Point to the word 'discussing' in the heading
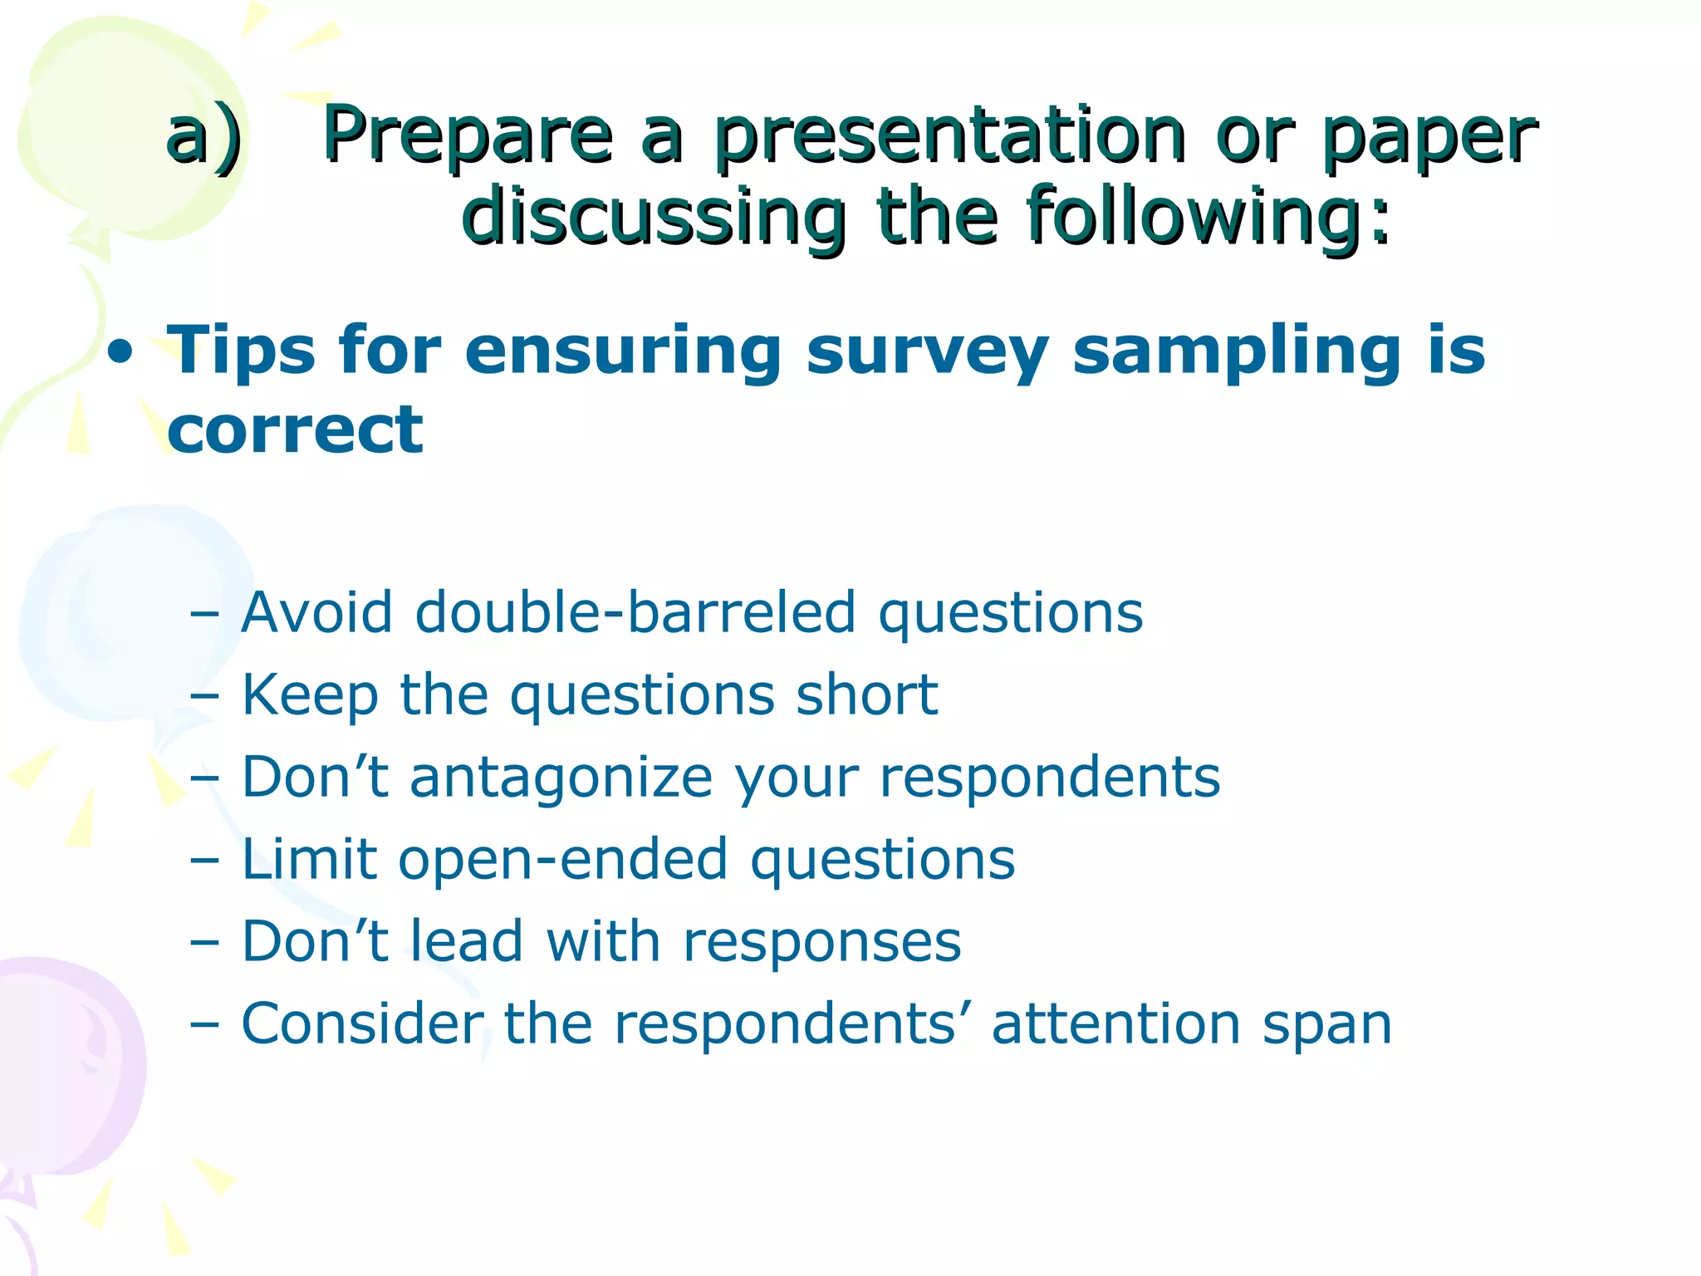pos(654,218)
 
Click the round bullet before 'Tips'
pos(120,353)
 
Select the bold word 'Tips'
pos(241,351)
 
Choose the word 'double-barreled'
pos(635,613)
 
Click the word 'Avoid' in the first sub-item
pos(316,613)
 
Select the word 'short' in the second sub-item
pos(866,694)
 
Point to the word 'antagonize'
pos(561,778)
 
